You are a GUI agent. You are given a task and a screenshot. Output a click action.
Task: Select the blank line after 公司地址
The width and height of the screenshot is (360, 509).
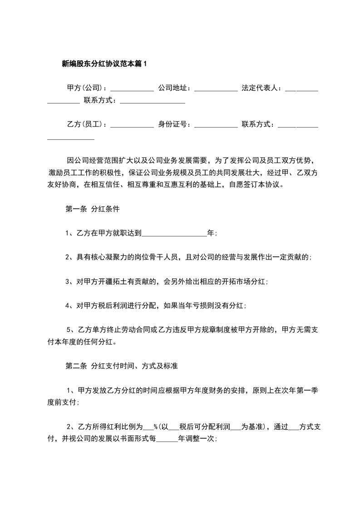216,89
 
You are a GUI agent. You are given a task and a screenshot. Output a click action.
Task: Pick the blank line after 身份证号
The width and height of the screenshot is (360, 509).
216,126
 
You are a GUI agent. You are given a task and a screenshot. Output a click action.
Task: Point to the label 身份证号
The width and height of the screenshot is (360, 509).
173,124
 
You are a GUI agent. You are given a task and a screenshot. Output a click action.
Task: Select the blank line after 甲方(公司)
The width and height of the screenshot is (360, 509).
132,89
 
